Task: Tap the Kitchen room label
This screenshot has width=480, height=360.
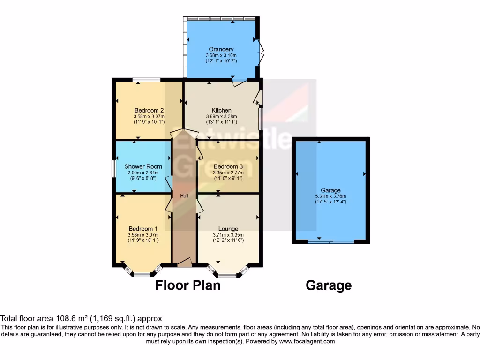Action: tap(222, 111)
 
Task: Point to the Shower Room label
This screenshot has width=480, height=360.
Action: tap(143, 166)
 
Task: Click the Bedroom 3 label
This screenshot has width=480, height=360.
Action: tap(228, 166)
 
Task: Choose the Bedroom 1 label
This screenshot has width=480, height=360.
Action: tap(143, 229)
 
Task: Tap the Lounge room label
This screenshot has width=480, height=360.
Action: tap(228, 229)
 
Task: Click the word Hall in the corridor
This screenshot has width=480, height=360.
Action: tap(184, 196)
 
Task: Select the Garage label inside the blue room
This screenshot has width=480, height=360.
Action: tap(330, 190)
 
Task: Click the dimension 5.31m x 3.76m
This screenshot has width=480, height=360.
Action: tap(330, 196)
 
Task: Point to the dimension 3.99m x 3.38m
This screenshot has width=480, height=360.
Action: tap(222, 117)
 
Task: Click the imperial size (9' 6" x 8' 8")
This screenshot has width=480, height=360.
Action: tap(143, 179)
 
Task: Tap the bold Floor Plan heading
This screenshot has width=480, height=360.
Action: tap(188, 285)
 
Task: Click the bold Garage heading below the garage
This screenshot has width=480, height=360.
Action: tap(329, 285)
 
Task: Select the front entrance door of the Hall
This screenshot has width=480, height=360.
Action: tap(184, 263)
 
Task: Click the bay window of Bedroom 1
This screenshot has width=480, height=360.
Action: tap(142, 273)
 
